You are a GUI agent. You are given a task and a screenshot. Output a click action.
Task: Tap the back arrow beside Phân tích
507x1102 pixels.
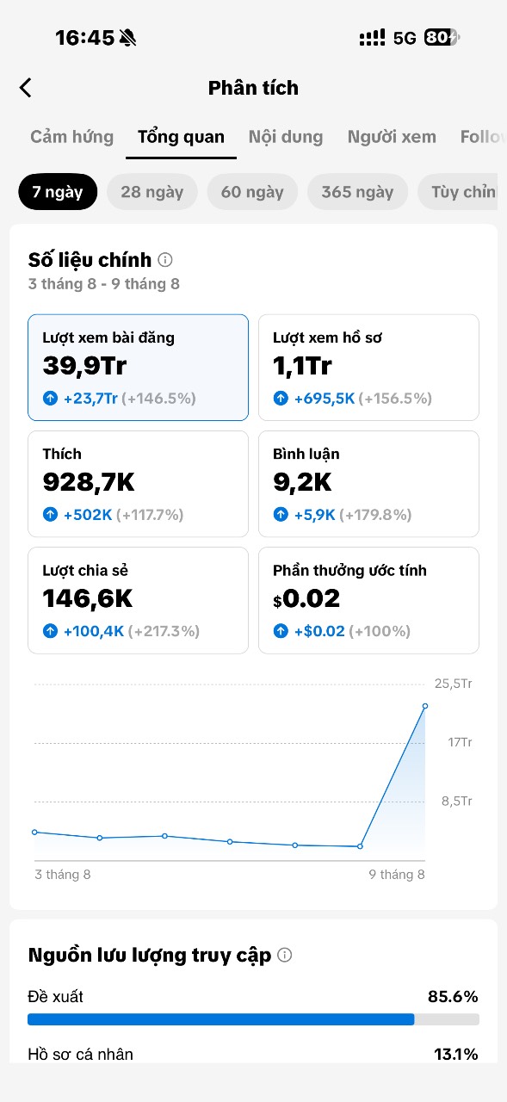(26, 88)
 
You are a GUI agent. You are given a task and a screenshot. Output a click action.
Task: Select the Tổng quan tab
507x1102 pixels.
(181, 137)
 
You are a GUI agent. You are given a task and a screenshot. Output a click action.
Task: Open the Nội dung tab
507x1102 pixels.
(286, 137)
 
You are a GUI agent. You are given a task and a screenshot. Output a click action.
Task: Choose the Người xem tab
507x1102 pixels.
(392, 137)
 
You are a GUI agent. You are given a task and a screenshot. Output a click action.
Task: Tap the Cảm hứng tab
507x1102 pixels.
(71, 137)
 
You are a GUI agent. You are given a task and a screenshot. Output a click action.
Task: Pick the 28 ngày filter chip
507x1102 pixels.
(152, 192)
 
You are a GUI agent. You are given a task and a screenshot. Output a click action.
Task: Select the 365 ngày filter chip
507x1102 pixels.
(357, 192)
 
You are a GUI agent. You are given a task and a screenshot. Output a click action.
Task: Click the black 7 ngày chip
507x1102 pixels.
(58, 192)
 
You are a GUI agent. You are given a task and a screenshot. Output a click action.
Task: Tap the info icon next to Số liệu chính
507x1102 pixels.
(165, 260)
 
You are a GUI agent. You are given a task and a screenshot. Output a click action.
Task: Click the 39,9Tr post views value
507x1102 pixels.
(84, 366)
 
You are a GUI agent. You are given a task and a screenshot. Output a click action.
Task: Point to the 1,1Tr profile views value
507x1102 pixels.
(302, 366)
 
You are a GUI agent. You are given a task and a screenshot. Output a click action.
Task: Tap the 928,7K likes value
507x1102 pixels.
(89, 482)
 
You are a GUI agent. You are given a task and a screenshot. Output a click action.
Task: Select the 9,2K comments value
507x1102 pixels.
(302, 482)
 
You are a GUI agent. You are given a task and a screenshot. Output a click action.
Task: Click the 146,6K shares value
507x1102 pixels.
(88, 598)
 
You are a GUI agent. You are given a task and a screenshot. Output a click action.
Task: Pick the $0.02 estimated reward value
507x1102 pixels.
(306, 598)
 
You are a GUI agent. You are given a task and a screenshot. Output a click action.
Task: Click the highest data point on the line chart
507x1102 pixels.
(425, 706)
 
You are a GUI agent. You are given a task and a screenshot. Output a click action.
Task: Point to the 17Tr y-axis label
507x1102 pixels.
(460, 742)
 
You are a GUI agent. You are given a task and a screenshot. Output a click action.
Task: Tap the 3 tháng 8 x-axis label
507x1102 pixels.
(63, 874)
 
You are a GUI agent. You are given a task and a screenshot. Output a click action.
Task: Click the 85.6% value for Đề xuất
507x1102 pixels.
(453, 997)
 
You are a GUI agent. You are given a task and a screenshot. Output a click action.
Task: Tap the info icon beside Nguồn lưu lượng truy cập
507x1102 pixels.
(285, 955)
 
